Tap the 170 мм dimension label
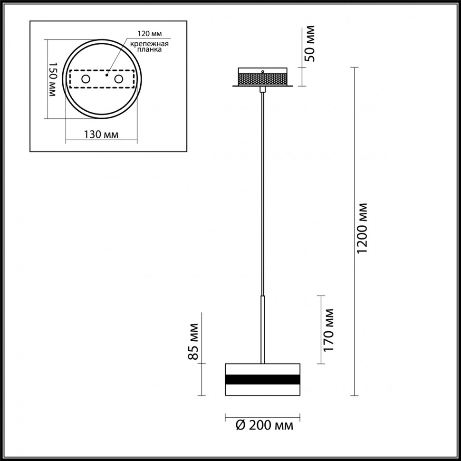coord(328,329)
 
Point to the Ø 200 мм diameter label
coord(264,425)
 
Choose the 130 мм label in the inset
coord(100,134)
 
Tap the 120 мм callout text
coord(150,34)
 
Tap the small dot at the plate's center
coord(107,75)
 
